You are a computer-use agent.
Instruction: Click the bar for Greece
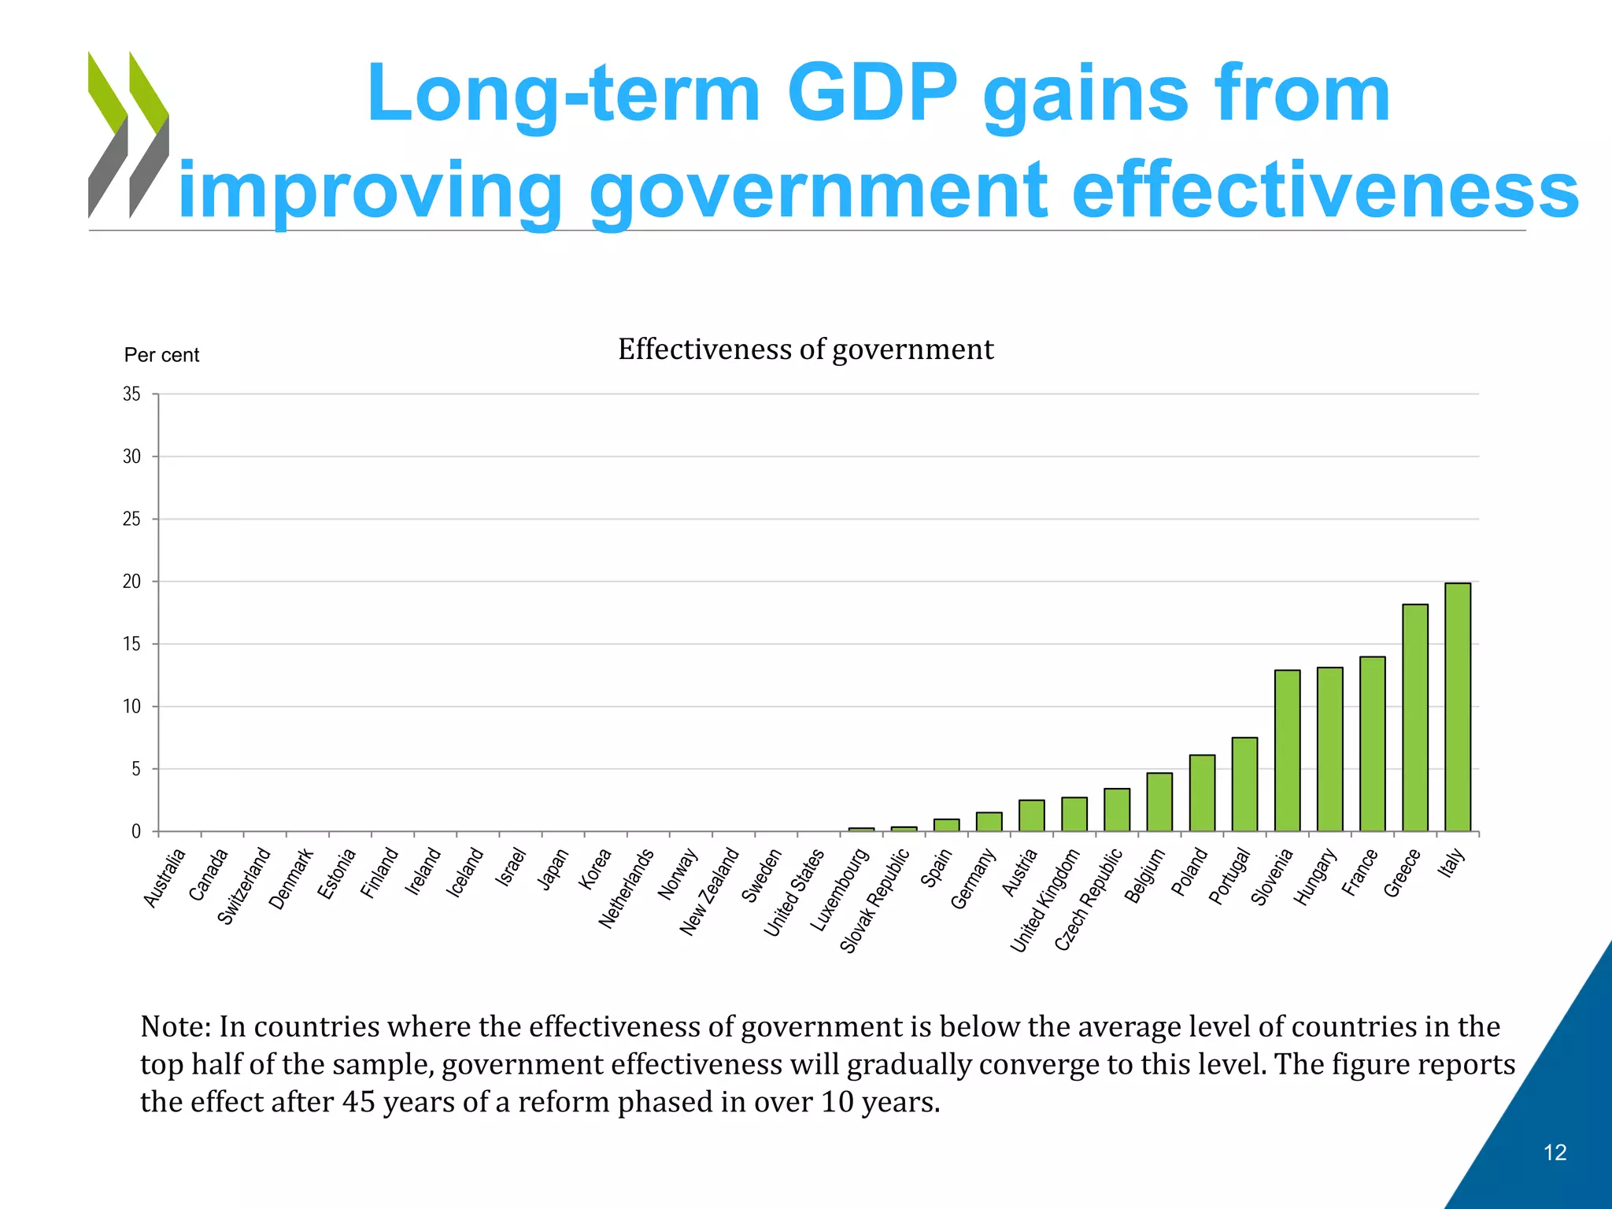tap(1415, 717)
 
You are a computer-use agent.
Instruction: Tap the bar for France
tap(1373, 744)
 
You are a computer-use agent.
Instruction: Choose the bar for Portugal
tap(1244, 784)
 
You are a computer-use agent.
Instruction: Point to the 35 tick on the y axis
tap(131, 394)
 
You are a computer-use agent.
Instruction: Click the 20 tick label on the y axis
tap(131, 582)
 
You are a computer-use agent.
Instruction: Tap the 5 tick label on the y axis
tap(136, 769)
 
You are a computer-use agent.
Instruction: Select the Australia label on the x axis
tap(165, 878)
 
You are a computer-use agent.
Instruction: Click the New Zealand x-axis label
tap(709, 891)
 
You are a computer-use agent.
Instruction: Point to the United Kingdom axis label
tap(1044, 900)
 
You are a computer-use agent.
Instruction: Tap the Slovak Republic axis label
tap(874, 900)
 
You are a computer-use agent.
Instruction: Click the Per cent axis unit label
tap(161, 355)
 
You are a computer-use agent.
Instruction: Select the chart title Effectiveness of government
tap(805, 349)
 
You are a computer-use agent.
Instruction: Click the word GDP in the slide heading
tap(872, 94)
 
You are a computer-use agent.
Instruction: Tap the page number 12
tap(1555, 1152)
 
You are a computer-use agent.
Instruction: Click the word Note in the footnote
tap(172, 1027)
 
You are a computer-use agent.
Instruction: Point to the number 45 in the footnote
tap(358, 1102)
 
